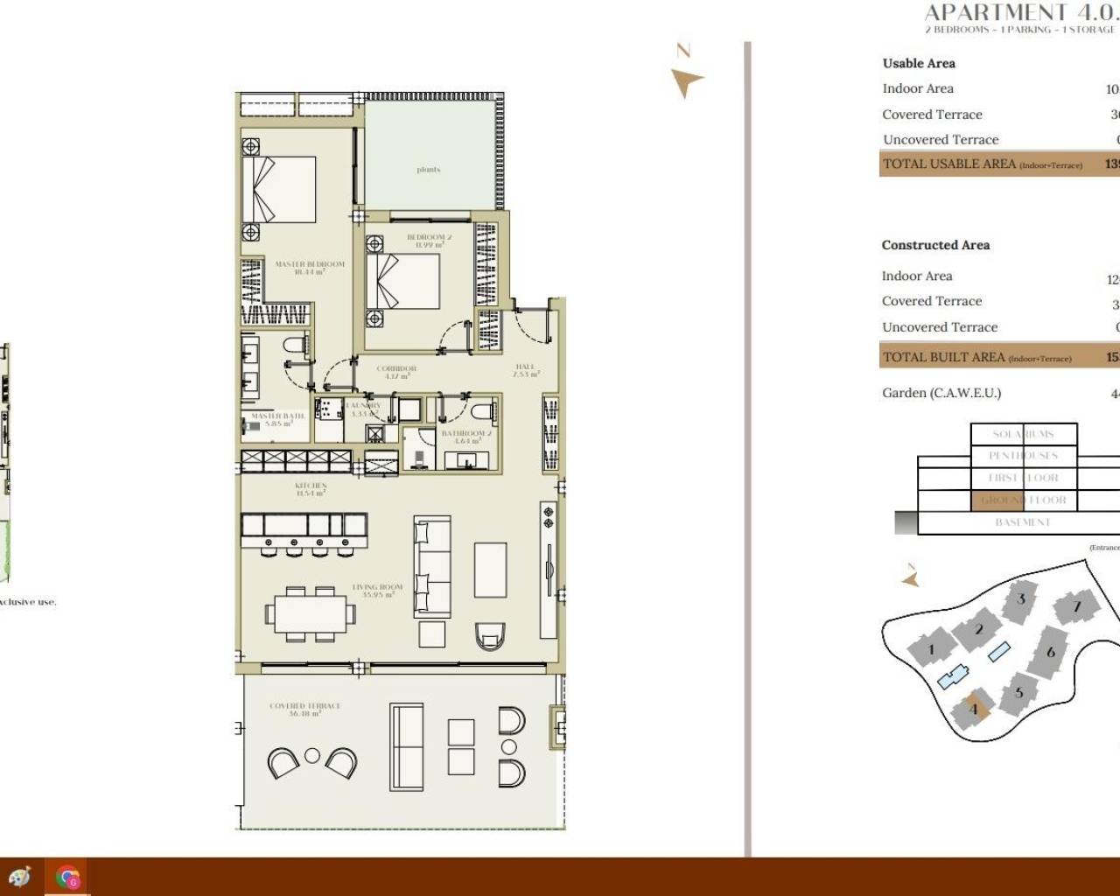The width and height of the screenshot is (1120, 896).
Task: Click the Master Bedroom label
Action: click(x=310, y=267)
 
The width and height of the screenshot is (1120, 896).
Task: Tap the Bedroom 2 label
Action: click(x=429, y=241)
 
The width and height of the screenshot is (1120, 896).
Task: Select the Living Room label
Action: click(x=377, y=591)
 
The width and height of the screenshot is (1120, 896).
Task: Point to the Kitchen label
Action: click(x=311, y=488)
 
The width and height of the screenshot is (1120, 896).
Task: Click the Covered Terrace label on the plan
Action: click(x=304, y=709)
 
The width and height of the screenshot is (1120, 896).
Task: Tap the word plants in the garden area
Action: click(x=429, y=170)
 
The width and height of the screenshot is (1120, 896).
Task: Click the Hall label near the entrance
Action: click(x=525, y=370)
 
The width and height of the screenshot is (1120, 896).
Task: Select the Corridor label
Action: click(x=396, y=372)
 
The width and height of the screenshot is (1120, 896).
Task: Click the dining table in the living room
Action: click(x=311, y=613)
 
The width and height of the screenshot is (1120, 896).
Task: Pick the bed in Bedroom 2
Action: click(x=402, y=281)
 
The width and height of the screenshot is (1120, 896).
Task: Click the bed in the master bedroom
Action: click(x=279, y=190)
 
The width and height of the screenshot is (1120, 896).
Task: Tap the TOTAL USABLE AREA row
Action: click(x=997, y=164)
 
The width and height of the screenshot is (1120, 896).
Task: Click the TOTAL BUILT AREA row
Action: click(x=997, y=357)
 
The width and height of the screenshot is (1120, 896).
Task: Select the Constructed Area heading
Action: click(x=935, y=245)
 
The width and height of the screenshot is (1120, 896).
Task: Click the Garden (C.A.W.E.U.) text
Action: click(x=941, y=393)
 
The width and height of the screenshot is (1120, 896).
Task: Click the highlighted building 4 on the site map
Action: click(x=975, y=708)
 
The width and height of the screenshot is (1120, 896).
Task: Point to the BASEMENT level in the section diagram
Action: click(x=1022, y=522)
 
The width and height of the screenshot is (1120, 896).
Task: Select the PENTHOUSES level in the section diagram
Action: click(x=1023, y=456)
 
